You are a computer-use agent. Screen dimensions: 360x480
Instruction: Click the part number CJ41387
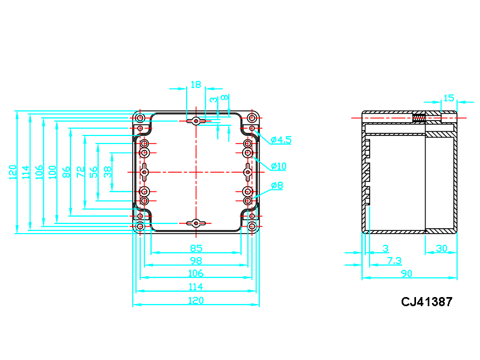click(x=427, y=302)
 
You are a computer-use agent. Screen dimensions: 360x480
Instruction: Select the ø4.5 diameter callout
click(x=281, y=140)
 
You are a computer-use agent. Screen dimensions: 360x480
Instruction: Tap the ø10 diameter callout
click(x=278, y=166)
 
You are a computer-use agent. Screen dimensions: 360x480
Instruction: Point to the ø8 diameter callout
click(x=277, y=186)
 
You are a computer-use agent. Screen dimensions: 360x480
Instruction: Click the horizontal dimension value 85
click(x=196, y=248)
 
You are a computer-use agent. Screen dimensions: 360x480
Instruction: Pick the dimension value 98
click(x=196, y=261)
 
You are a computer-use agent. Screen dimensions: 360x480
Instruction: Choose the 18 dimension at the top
click(x=196, y=84)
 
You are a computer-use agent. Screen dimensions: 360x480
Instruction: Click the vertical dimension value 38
click(x=107, y=171)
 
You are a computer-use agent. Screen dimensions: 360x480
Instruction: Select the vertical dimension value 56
click(x=93, y=172)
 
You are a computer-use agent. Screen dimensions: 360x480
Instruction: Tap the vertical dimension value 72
click(x=81, y=172)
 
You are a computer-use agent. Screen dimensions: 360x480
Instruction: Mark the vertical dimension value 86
click(x=66, y=172)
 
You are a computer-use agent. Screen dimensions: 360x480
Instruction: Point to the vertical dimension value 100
click(x=52, y=172)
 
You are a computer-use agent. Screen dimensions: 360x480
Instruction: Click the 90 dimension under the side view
click(x=407, y=274)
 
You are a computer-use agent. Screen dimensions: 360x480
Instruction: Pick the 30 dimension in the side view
click(x=442, y=248)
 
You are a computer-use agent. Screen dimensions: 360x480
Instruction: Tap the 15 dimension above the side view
click(x=449, y=98)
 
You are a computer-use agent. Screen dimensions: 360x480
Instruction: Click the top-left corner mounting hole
click(x=140, y=118)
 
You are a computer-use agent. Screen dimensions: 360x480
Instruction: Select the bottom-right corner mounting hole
click(x=252, y=227)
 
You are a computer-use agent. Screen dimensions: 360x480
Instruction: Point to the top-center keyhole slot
click(x=196, y=122)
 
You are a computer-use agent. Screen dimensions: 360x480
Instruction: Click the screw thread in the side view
click(x=419, y=118)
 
